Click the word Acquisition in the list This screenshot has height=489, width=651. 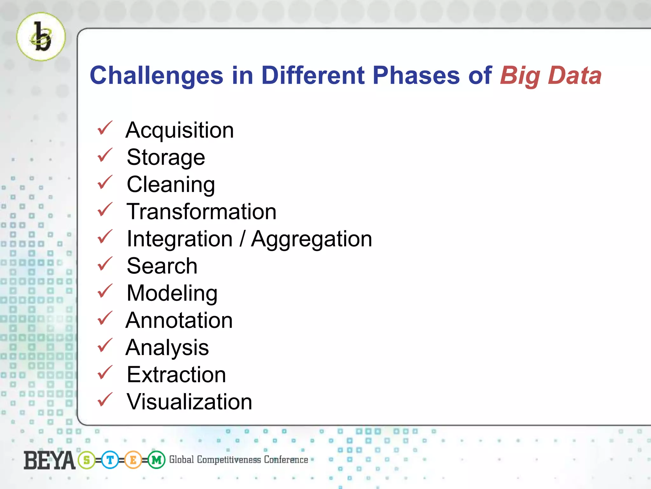tap(180, 131)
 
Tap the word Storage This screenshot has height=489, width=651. tap(166, 158)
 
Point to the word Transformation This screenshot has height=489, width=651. tap(202, 212)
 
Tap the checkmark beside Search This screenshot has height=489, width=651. tap(105, 264)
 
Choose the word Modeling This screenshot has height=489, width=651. tap(172, 293)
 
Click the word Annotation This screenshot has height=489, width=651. tap(179, 320)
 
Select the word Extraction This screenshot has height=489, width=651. tap(176, 375)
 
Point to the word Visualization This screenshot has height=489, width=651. tap(189, 402)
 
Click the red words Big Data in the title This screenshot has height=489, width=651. tap(551, 76)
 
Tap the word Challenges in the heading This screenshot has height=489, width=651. tap(156, 76)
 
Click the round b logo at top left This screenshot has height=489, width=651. tap(41, 37)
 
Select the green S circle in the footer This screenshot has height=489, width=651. tap(86, 460)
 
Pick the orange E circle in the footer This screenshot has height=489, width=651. tap(133, 460)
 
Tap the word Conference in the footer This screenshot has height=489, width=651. tap(286, 460)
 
